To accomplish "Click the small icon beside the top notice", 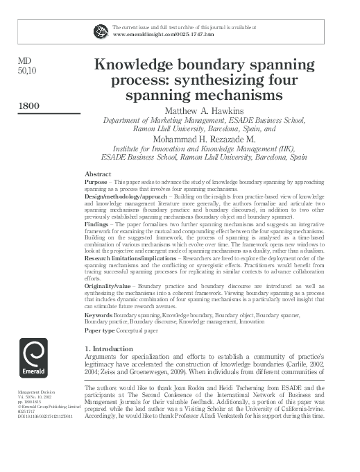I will (x=101, y=30).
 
